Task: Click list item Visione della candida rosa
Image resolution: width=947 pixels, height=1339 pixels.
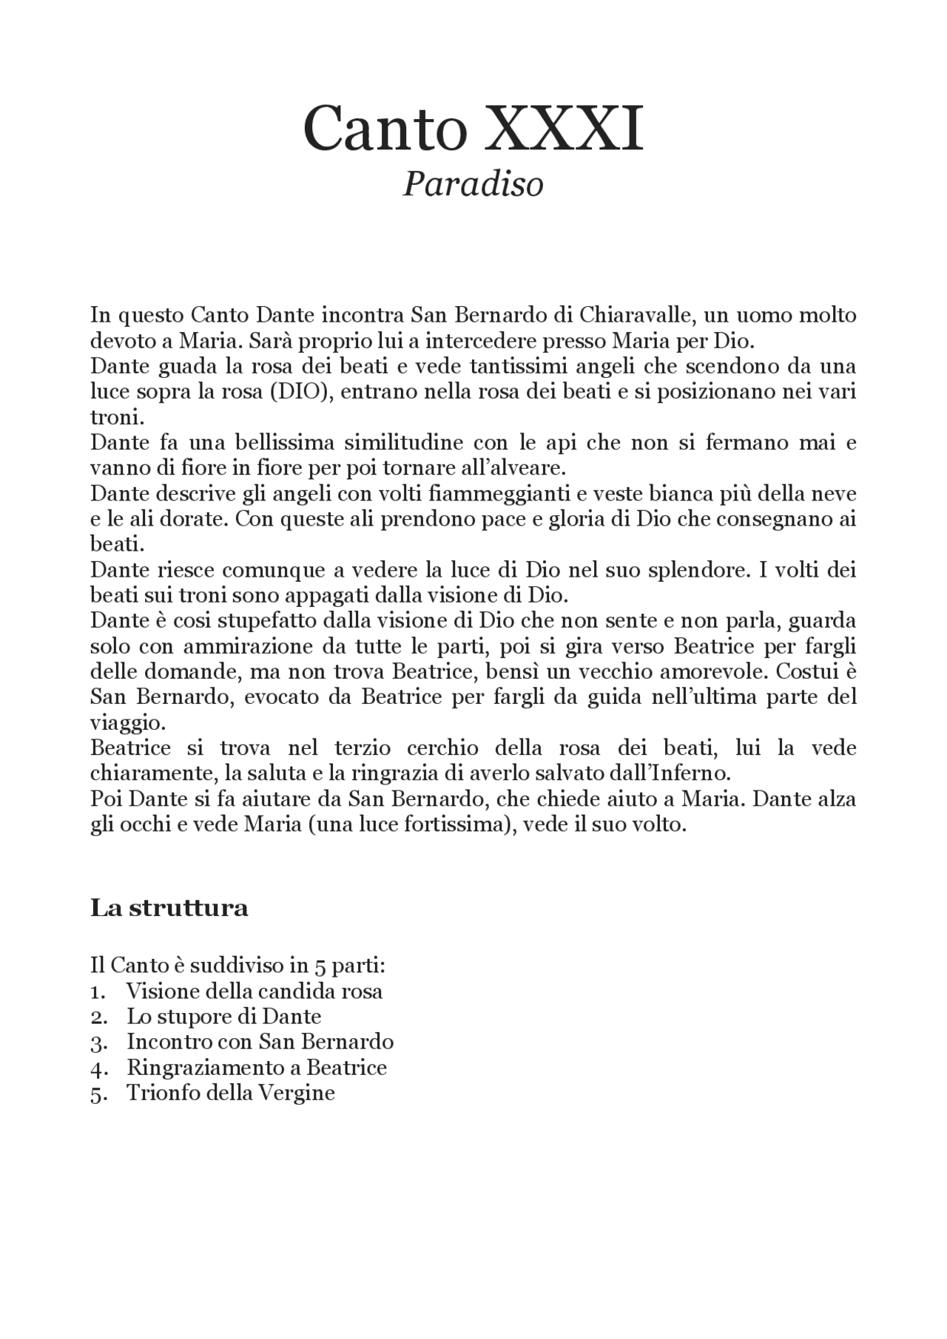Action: coord(255,991)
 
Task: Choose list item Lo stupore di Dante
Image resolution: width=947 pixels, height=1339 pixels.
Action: coord(223,1016)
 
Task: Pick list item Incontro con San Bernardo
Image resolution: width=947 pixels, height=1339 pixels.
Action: coord(260,1042)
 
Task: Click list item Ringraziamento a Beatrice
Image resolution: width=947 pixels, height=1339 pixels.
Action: coord(257,1067)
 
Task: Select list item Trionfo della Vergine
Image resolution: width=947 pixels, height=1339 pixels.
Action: coord(231,1093)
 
